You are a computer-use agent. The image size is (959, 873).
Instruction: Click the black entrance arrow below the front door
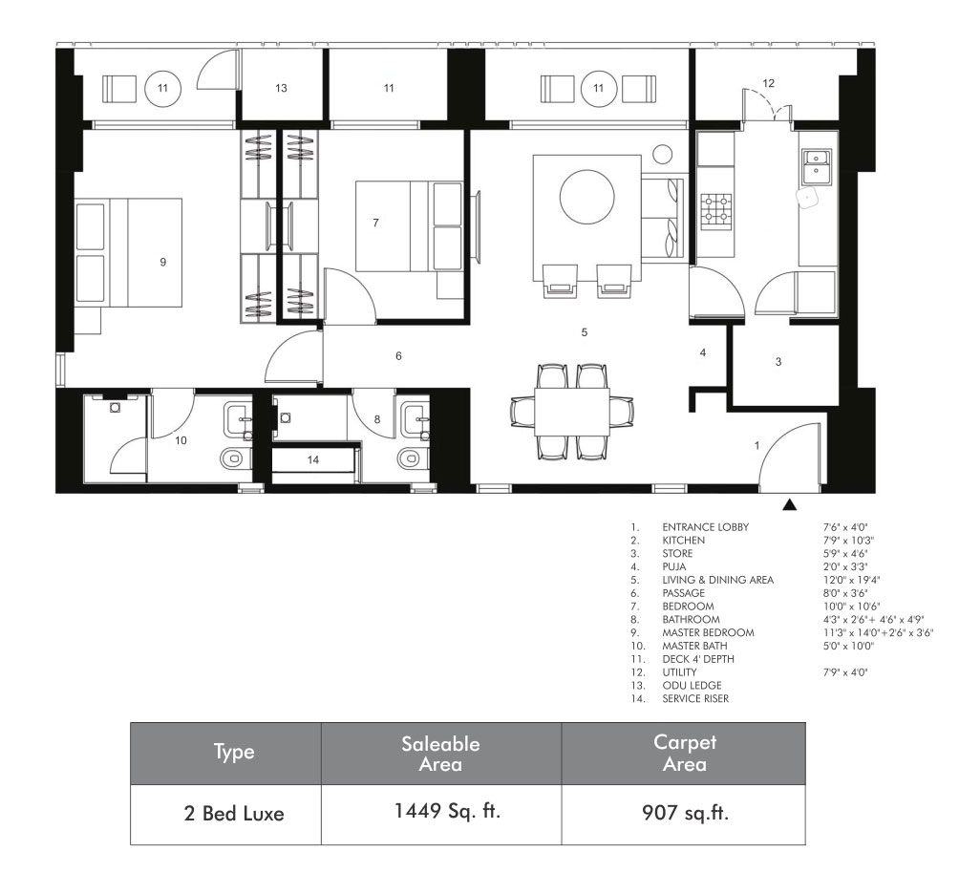790,504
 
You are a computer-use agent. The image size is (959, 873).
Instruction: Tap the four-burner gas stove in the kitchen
715,208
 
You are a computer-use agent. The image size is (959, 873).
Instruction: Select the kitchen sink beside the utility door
817,167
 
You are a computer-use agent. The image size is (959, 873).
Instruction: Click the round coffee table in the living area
587,197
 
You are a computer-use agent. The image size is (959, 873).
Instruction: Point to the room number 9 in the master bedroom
162,262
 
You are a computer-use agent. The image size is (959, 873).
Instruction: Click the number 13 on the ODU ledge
281,88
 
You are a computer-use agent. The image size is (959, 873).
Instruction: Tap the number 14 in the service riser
313,459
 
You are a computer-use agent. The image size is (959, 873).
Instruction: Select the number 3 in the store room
778,362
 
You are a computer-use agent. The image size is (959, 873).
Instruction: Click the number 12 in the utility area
768,82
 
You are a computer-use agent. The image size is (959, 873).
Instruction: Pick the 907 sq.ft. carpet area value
685,813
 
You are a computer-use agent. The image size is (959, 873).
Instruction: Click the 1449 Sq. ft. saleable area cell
447,811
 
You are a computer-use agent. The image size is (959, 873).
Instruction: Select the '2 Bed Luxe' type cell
234,814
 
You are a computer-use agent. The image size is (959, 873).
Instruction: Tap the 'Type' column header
234,752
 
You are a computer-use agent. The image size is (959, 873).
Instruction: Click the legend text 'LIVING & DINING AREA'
717,580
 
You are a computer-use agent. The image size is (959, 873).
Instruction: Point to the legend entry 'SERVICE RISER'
695,698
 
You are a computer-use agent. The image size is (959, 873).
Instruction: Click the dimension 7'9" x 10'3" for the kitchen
848,541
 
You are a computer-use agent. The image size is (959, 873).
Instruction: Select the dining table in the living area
572,412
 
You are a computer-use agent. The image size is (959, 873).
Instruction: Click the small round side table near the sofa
662,154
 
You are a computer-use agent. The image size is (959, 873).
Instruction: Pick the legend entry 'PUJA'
674,566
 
